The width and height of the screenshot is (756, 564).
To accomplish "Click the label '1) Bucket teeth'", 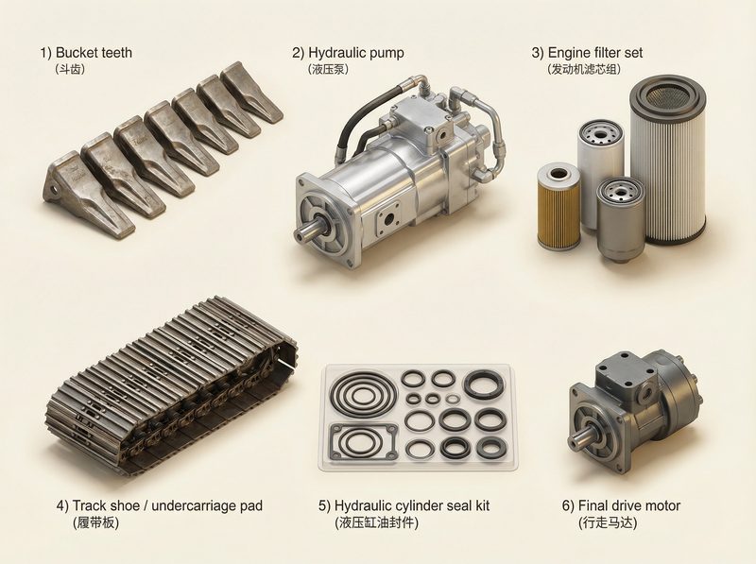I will (85, 53).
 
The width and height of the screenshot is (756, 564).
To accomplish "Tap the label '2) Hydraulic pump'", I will (351, 53).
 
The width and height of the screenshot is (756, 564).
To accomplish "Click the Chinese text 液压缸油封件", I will (376, 522).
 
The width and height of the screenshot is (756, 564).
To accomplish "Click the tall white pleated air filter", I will (667, 161).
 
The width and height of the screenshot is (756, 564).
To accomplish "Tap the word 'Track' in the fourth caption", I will (90, 505).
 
